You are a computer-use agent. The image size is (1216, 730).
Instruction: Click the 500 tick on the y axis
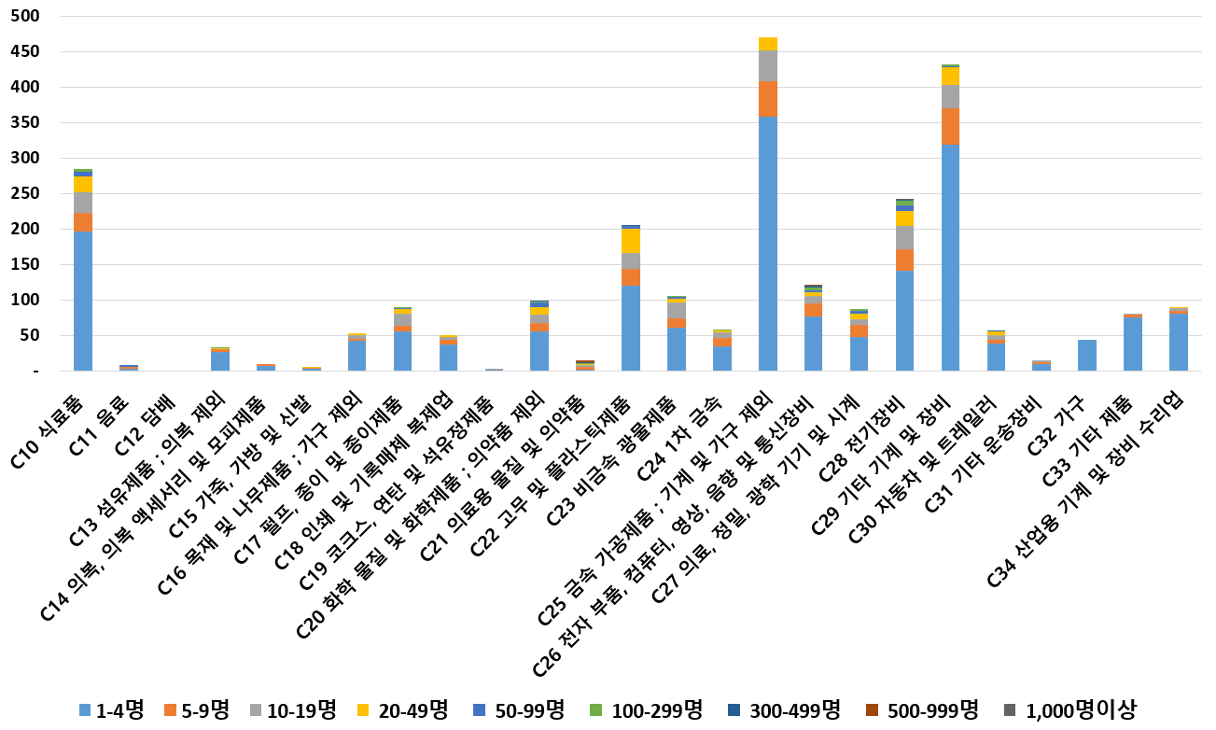26,17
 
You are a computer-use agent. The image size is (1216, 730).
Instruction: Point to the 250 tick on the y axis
26,194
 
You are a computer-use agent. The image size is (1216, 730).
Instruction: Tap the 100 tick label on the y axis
26,301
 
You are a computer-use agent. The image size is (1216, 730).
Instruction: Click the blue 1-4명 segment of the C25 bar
768,243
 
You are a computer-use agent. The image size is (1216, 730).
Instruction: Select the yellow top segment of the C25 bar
768,44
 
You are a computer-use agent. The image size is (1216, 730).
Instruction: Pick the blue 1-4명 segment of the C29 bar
950,257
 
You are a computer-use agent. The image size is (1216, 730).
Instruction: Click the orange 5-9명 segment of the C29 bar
950,126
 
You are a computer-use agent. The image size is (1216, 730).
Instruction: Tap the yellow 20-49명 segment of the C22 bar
631,241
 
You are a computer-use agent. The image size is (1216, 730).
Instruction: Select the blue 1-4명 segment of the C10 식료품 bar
83,299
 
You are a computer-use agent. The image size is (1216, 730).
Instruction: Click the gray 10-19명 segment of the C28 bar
904,238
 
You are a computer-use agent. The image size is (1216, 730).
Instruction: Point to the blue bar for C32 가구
1087,355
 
